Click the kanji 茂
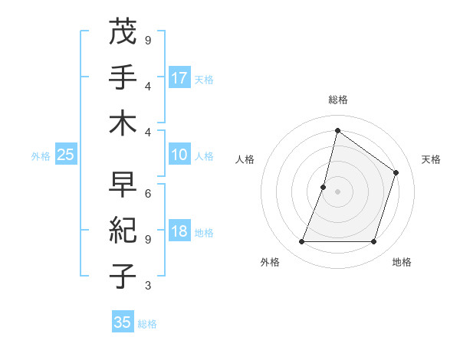pos(123,33)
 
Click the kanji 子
pos(123,276)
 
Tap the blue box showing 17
pos(179,77)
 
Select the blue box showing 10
pos(179,155)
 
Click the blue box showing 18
pos(179,232)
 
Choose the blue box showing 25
pos(66,155)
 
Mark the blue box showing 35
pos(123,322)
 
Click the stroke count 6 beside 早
pos(148,194)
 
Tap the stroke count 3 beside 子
pos(148,286)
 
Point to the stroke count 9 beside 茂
pos(148,40)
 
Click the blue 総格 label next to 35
pos(147,324)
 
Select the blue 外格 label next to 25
pos(41,156)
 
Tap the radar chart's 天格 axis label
pos(431,159)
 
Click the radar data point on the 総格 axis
pos(337,130)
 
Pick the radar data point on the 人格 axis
pos(324,186)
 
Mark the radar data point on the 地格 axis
pos(373,242)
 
